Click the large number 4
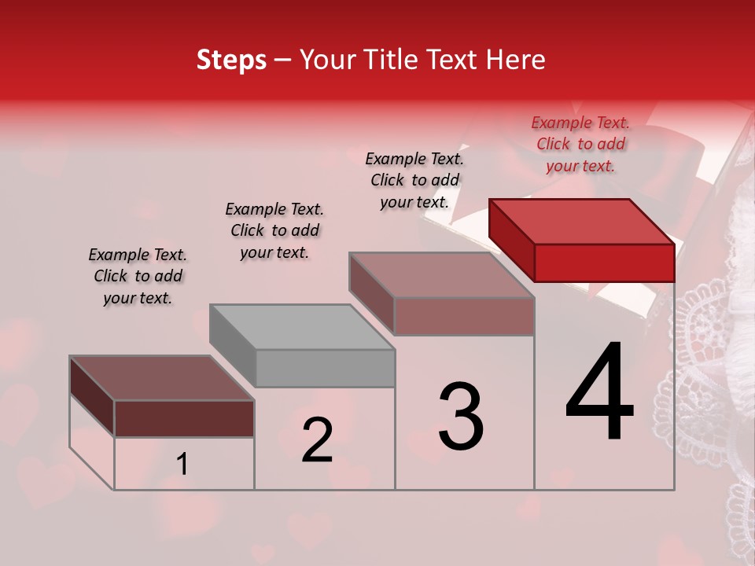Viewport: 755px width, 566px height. point(599,394)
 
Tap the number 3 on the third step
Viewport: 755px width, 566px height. point(460,417)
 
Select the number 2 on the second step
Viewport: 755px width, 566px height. point(317,439)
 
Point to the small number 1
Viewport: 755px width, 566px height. point(182,465)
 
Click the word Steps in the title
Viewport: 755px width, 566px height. point(231,60)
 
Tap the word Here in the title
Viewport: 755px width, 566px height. point(516,60)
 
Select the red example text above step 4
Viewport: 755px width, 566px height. point(580,144)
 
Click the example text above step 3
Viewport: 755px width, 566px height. point(414,180)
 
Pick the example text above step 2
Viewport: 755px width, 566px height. point(274,230)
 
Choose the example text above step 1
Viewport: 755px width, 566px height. point(138,276)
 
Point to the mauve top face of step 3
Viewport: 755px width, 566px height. point(442,274)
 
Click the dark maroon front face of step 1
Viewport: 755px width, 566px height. point(184,418)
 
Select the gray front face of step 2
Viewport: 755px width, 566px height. point(325,368)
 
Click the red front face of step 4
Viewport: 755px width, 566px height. point(604,263)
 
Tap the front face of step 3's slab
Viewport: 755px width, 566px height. point(464,316)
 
